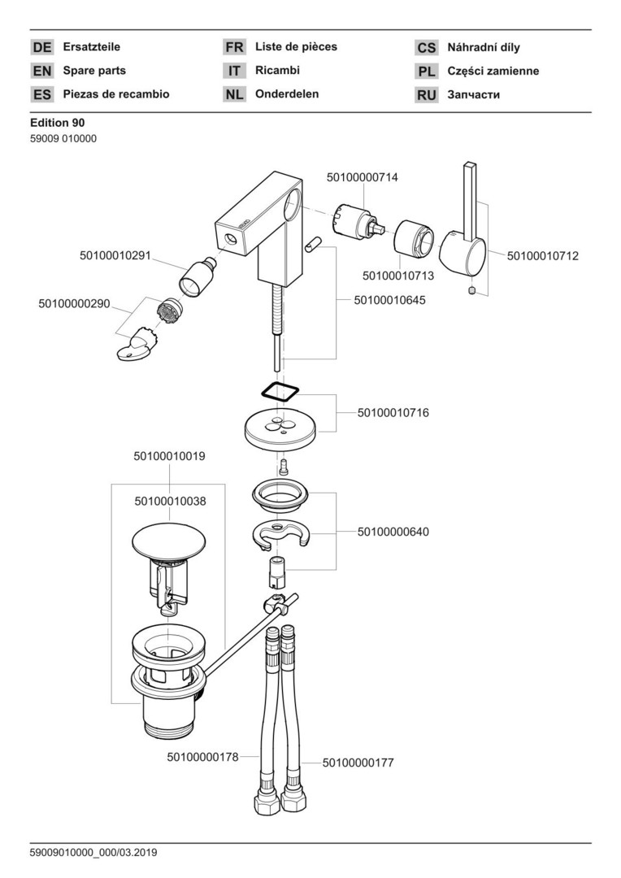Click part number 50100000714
click(x=363, y=176)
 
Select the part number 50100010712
click(x=543, y=256)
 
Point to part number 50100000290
click(x=74, y=303)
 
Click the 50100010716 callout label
click(x=393, y=413)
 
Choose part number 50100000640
click(x=393, y=532)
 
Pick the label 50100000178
click(x=202, y=757)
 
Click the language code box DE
click(x=41, y=48)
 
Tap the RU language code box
click(x=427, y=95)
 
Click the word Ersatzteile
click(x=92, y=47)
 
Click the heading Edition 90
click(x=57, y=123)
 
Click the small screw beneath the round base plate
click(x=284, y=466)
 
